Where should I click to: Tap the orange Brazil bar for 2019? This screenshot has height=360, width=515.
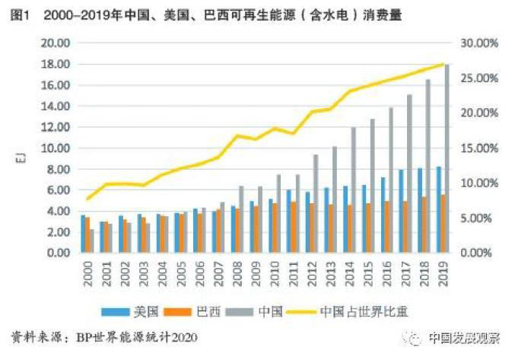click(x=442, y=224)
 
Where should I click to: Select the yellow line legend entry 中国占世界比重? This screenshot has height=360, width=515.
click(x=358, y=311)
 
